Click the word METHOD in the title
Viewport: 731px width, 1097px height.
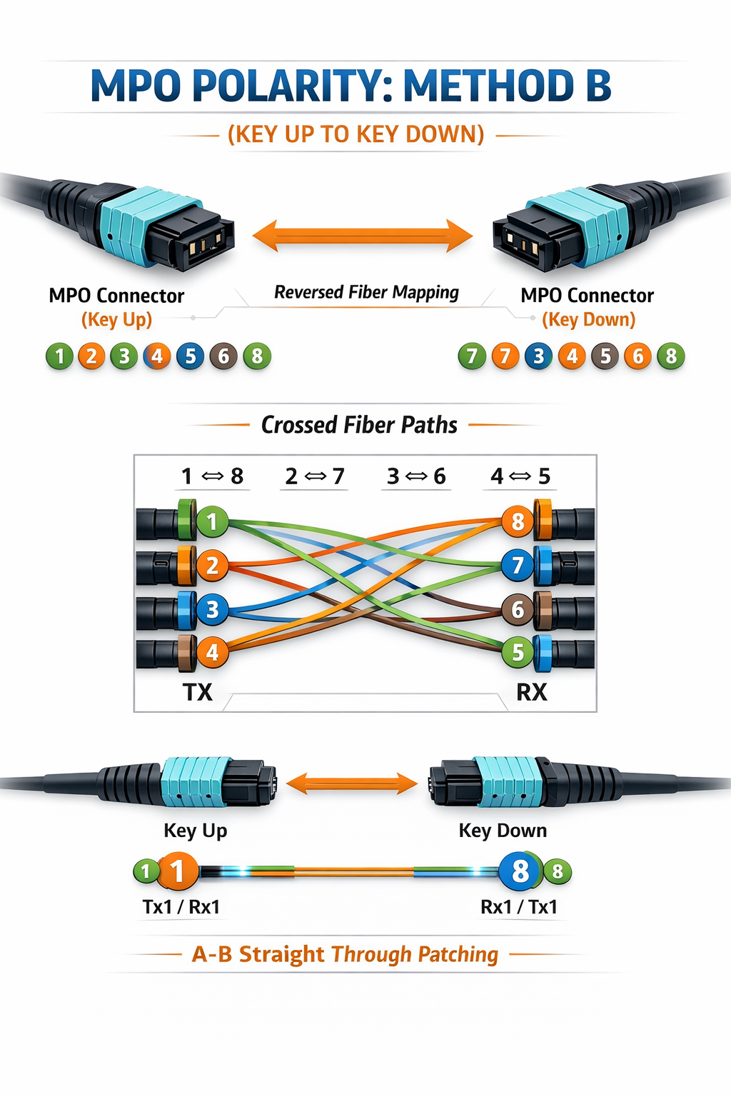coord(489,86)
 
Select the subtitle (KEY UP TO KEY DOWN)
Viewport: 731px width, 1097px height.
coord(356,134)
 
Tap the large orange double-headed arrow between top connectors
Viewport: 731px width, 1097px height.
coord(363,236)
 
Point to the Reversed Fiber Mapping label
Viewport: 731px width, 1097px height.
coord(366,292)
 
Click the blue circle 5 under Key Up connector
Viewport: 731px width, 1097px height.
coord(190,356)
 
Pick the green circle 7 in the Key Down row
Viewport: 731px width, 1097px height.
coord(472,356)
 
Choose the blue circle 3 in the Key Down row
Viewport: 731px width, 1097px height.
coord(538,356)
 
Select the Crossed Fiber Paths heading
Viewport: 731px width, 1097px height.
coord(359,425)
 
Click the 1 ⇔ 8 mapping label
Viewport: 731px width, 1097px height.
coord(212,476)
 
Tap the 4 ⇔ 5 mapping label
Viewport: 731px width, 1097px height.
coord(520,476)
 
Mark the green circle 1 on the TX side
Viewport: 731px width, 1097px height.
coord(212,521)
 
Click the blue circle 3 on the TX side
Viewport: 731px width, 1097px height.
coord(212,609)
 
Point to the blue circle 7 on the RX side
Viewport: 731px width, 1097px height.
coord(518,566)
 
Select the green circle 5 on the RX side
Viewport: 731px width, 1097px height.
coord(518,652)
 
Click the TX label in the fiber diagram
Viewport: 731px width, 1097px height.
coord(198,692)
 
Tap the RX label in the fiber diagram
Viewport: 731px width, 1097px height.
coord(532,692)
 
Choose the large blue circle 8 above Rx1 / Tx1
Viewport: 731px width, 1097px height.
coord(519,871)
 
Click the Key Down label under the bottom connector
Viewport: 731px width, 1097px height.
coord(503,831)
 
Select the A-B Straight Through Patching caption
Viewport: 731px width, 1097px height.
coord(345,954)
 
